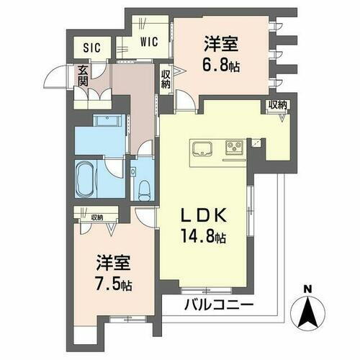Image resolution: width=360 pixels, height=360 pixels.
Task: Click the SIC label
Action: click(91, 48)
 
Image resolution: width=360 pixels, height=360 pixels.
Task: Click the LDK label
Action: click(204, 215)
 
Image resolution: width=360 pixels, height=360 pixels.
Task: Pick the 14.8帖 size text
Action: click(204, 236)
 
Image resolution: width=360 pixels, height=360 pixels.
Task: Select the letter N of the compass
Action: click(308, 292)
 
